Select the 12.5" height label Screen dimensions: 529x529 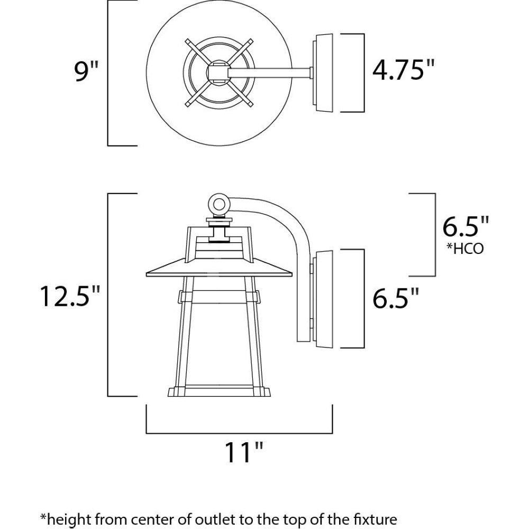coord(70,296)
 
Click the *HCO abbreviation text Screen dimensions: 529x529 coord(465,249)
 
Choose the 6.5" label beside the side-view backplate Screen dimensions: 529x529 coord(395,298)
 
